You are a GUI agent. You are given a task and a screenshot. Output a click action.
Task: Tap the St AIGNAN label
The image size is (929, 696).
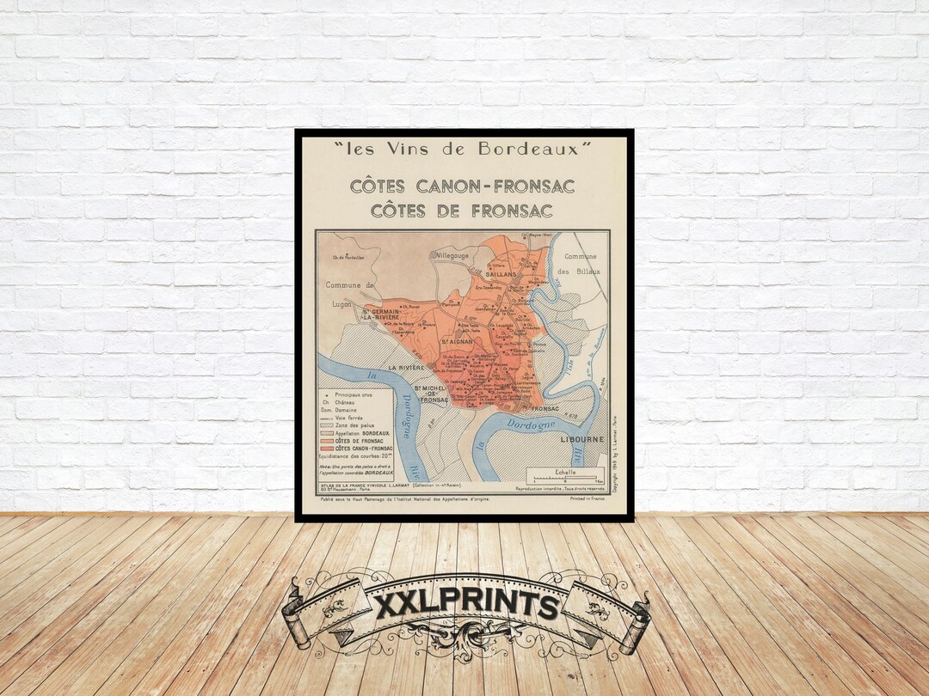pyautogui.click(x=458, y=342)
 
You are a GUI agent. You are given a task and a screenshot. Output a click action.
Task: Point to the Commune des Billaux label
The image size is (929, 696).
pyautogui.click(x=581, y=264)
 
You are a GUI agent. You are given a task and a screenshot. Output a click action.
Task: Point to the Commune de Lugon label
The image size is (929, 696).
pyautogui.click(x=351, y=294)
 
